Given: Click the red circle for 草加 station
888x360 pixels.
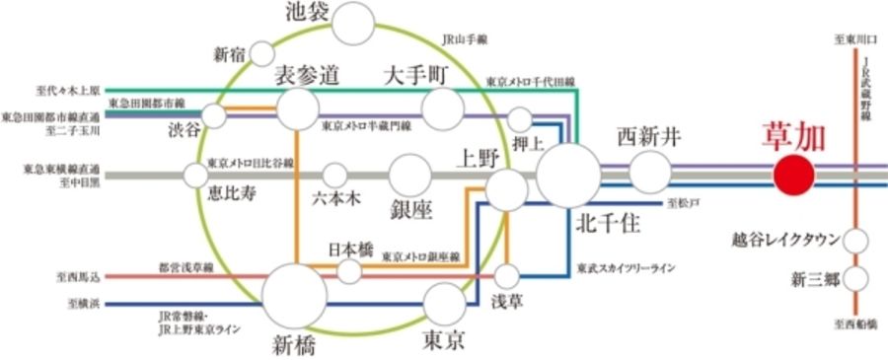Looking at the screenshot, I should tap(794, 176).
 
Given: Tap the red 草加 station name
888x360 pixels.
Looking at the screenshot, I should tap(794, 137).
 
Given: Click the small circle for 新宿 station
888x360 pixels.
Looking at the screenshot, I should tap(262, 53).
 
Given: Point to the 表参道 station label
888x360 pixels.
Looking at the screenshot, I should tap(306, 75).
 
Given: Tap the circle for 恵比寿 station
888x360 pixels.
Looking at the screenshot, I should tap(195, 176).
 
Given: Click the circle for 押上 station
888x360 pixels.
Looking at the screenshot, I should tap(521, 119).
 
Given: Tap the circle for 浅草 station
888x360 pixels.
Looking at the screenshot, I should tap(507, 275).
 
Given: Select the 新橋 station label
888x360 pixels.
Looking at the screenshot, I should tap(295, 344).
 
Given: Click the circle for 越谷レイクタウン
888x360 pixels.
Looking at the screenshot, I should tap(854, 240).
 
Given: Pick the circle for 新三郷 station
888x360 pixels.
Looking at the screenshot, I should tap(854, 278).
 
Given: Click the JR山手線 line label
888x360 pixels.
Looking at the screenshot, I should tap(466, 40).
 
